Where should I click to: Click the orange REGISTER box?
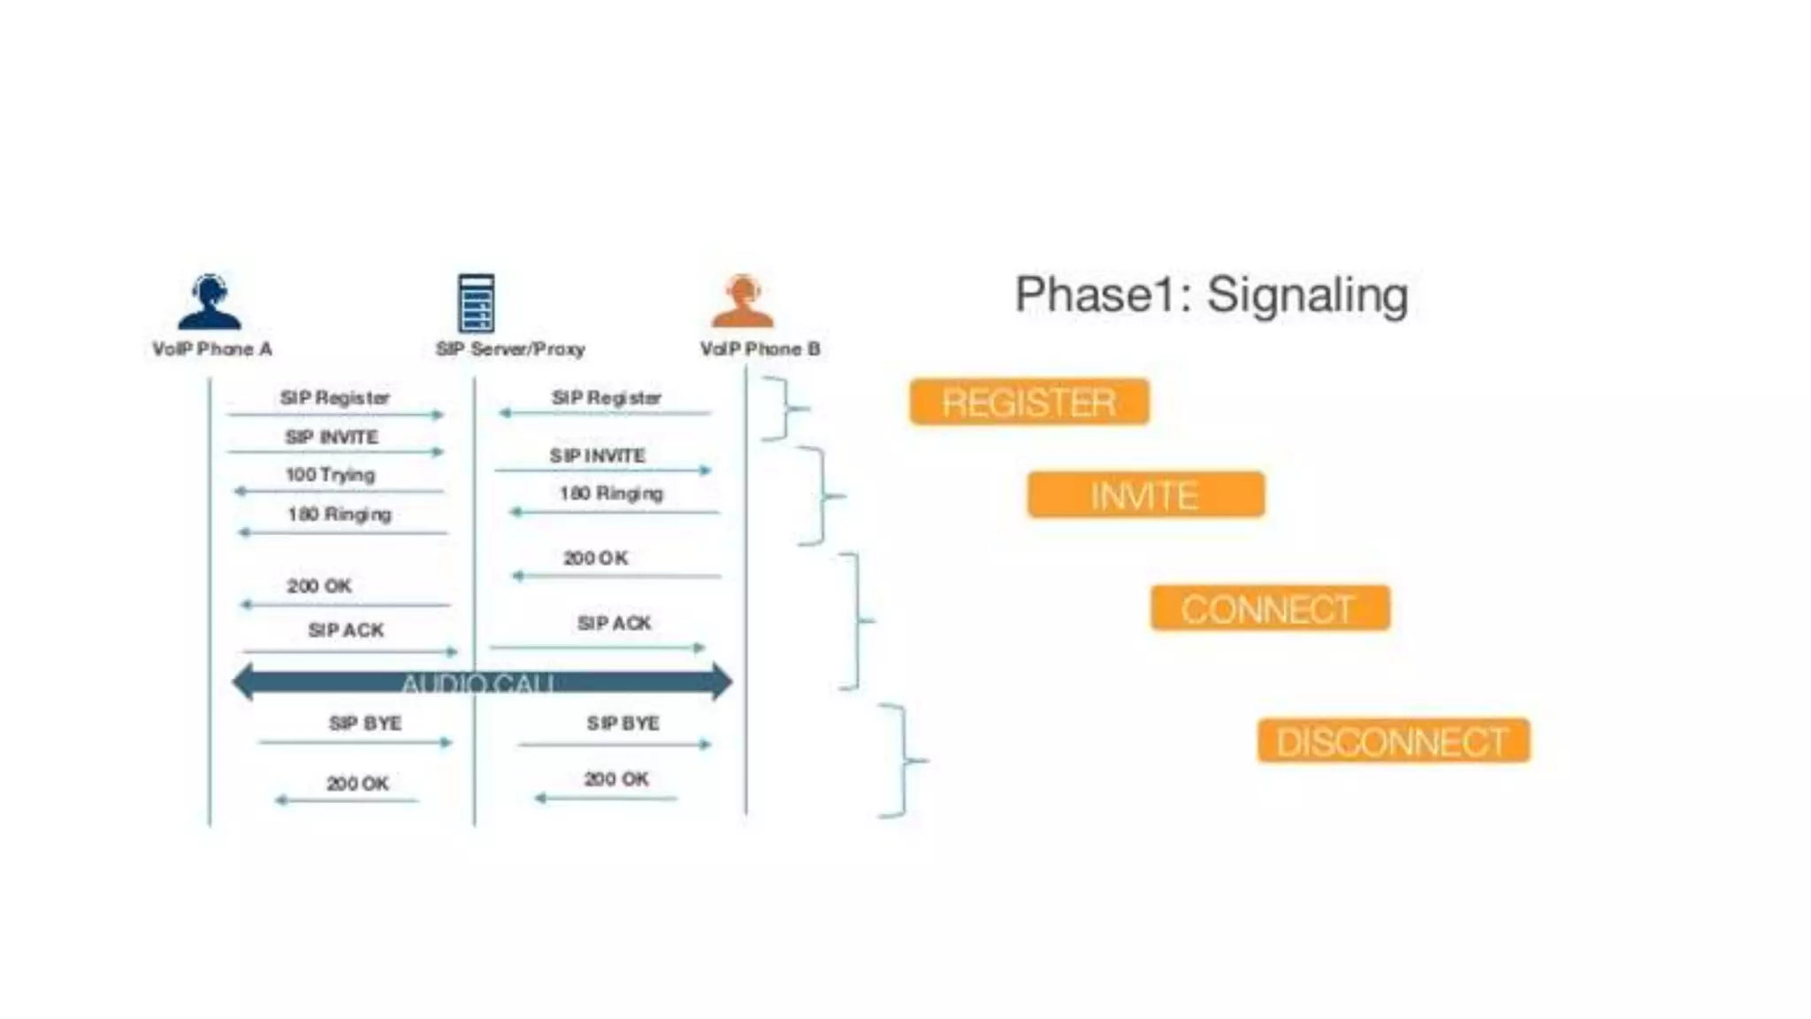point(1029,402)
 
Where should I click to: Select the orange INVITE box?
point(1145,494)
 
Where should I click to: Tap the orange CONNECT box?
point(1270,609)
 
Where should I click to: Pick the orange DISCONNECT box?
point(1393,741)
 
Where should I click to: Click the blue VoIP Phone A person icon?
point(210,302)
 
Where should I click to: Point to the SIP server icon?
point(476,303)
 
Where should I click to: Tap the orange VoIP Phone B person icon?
point(743,302)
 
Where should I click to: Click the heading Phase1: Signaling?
point(1211,295)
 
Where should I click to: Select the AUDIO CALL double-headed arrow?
point(482,682)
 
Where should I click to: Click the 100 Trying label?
point(330,475)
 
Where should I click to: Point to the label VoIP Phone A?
point(212,349)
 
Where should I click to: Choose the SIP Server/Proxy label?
point(510,349)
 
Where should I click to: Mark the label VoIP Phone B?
point(760,349)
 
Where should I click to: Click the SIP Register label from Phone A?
point(334,398)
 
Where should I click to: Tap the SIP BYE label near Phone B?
point(623,724)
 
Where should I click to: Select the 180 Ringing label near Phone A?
point(340,515)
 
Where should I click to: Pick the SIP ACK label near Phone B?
point(614,624)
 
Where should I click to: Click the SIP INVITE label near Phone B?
point(597,456)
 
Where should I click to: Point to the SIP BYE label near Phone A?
point(365,724)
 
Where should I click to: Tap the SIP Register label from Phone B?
point(606,398)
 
